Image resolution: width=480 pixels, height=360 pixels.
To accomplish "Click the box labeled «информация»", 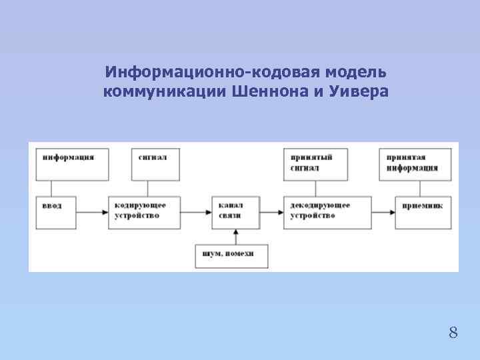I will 71,164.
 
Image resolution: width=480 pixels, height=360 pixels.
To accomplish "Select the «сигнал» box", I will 155,164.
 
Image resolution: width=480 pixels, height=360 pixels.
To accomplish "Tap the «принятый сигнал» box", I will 315,164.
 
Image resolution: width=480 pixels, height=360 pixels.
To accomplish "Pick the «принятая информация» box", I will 417,164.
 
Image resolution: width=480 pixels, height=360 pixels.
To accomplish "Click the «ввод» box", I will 57,212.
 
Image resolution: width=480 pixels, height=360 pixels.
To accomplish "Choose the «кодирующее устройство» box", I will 144,212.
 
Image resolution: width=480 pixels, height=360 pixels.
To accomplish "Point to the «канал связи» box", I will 235,212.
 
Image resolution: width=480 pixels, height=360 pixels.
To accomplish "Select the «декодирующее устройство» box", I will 327,212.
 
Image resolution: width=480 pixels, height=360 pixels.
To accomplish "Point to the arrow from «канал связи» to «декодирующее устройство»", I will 271,212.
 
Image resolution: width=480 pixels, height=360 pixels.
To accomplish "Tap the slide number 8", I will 453,333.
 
